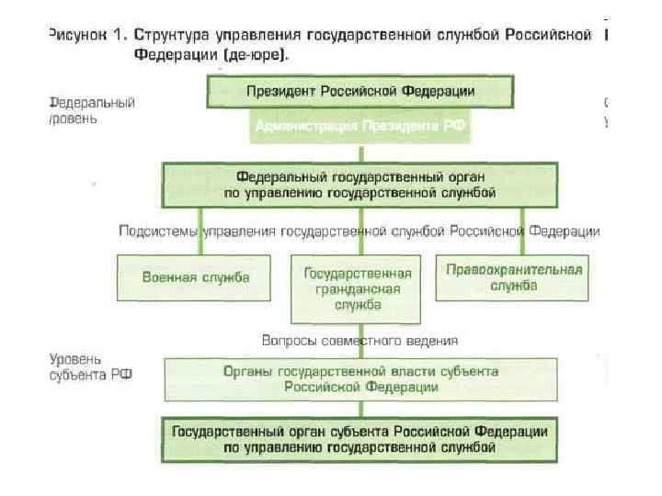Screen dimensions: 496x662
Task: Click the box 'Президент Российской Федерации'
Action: coord(360,92)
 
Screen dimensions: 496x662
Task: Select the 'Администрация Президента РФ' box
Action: coord(360,126)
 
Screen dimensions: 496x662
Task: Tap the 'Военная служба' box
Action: coord(195,276)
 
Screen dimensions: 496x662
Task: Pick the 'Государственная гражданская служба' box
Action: coord(358,288)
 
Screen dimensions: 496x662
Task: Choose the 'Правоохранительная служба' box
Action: coord(514,276)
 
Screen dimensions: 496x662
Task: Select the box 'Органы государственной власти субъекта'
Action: coord(360,378)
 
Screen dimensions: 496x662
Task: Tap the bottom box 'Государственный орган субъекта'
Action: coord(360,439)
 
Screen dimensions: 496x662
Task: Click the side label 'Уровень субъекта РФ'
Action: coord(90,367)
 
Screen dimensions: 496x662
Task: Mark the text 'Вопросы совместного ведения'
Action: coord(360,340)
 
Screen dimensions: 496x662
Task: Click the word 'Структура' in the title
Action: coord(171,35)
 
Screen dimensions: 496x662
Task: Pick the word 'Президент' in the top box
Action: coord(278,92)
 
